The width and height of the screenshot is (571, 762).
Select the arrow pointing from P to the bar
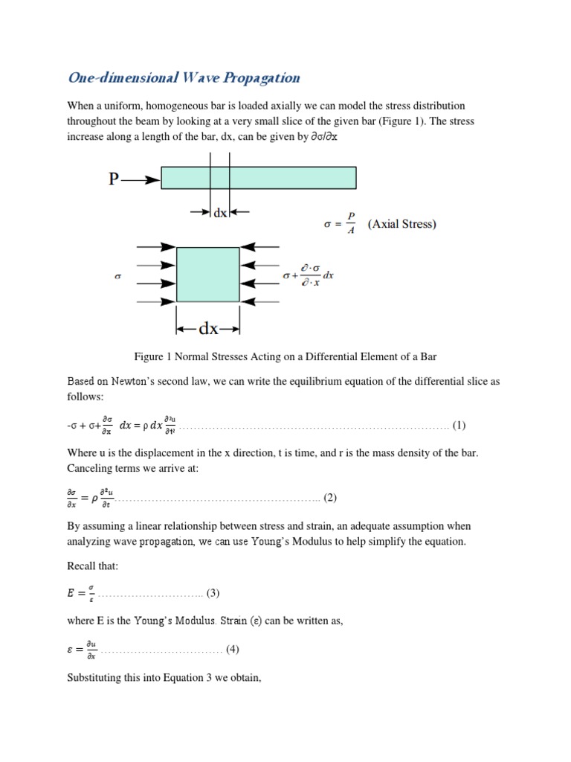click(142, 179)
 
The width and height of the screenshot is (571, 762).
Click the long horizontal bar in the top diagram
click(259, 178)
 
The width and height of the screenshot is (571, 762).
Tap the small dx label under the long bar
click(220, 212)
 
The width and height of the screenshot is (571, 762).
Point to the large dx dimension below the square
click(208, 328)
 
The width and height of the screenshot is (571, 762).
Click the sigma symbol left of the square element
click(117, 275)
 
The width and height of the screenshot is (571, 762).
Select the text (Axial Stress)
click(401, 224)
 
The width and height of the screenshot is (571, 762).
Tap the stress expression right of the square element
click(308, 276)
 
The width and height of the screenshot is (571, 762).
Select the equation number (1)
click(459, 426)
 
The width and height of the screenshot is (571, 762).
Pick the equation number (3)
click(213, 593)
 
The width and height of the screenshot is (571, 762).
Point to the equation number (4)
click(232, 650)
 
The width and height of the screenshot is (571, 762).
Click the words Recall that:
click(93, 566)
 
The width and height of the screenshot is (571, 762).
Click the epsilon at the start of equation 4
click(71, 650)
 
